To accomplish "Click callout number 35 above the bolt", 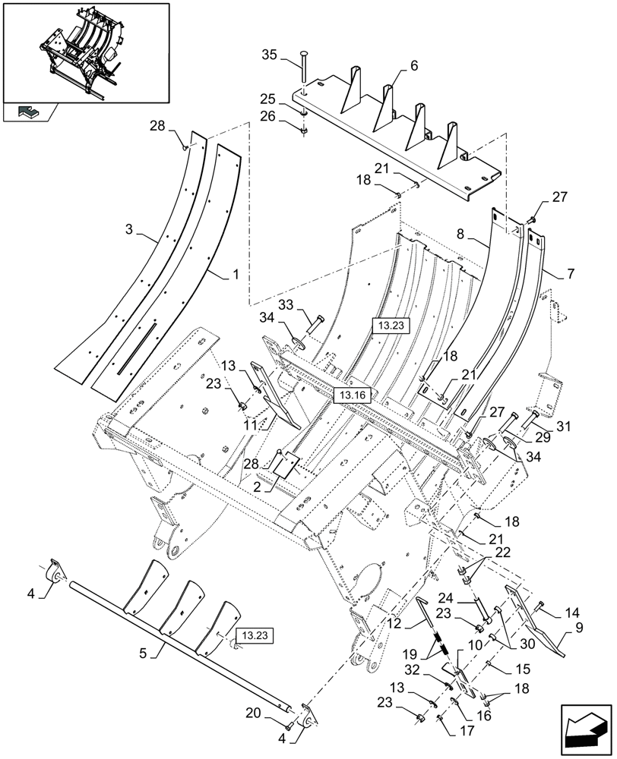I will (x=269, y=55).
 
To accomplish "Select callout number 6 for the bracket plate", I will (x=413, y=66).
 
